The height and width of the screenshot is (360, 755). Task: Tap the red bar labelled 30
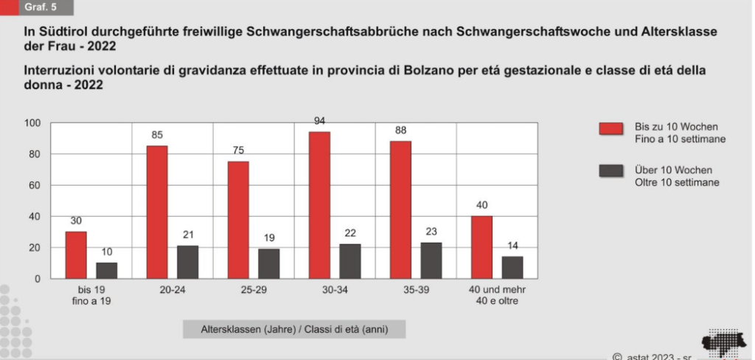[76, 255]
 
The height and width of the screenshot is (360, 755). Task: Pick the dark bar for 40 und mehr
[512, 267]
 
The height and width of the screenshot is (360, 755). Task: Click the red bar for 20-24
[157, 212]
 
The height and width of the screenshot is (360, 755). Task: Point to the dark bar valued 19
[268, 263]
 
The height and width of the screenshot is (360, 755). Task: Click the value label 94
[320, 122]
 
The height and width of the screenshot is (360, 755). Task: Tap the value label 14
[512, 246]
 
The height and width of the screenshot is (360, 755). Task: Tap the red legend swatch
[611, 129]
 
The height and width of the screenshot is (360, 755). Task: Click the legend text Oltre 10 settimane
[677, 182]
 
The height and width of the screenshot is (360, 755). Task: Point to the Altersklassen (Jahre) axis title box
[294, 328]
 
